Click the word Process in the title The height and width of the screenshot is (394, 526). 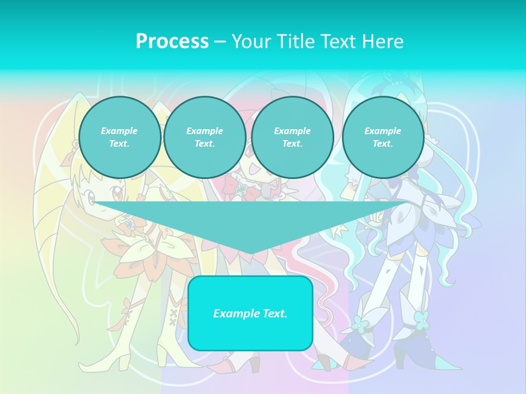172,42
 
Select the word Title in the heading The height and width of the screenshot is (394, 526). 296,42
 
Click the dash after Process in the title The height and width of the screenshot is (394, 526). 220,42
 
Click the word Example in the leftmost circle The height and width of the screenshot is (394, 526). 119,131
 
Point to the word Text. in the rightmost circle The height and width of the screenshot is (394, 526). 382,144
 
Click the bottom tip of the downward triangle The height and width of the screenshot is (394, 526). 251,253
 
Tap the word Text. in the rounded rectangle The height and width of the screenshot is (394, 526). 275,314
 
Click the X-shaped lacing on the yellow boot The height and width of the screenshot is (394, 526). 174,317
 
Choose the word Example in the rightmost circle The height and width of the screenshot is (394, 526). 382,131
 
